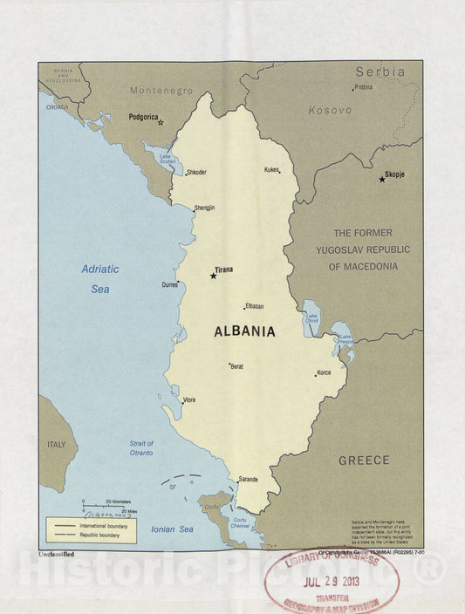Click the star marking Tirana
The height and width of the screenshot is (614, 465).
click(213, 276)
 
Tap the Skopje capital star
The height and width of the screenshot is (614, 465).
click(382, 179)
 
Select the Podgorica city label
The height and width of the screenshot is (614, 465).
click(144, 116)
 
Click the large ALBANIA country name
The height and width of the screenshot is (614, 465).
click(244, 331)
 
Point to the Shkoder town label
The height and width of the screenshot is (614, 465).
click(196, 172)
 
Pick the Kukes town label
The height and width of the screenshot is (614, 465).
click(271, 169)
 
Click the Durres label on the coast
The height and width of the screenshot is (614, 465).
click(169, 284)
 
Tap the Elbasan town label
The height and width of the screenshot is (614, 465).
click(255, 306)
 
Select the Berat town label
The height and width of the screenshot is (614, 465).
click(236, 366)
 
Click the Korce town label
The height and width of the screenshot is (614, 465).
click(324, 372)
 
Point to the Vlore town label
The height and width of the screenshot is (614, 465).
click(188, 399)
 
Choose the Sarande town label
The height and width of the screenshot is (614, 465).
click(248, 479)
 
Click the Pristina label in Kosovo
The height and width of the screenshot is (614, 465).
click(363, 87)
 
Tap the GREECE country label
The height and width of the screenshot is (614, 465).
click(364, 460)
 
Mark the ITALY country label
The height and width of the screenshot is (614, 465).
click(56, 444)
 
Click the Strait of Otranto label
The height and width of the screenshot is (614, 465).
click(135, 448)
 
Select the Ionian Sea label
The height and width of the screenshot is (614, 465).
click(173, 529)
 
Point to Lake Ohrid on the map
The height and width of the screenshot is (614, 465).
click(311, 319)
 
